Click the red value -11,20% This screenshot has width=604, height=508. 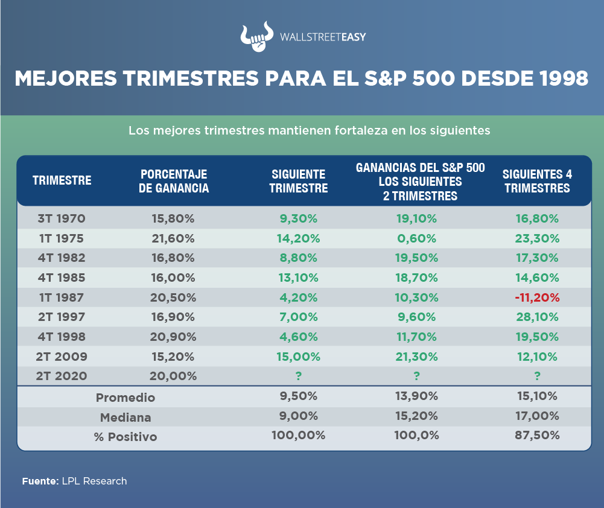pyautogui.click(x=537, y=297)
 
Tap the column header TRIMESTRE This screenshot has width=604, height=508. pyautogui.click(x=62, y=180)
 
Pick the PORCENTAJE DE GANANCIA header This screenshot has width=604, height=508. pyautogui.click(x=174, y=181)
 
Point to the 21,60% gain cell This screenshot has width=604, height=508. pyautogui.click(x=173, y=238)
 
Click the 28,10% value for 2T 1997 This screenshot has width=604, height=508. pyautogui.click(x=537, y=317)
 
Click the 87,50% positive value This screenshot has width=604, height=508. pyautogui.click(x=537, y=435)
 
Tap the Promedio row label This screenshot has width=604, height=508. pyautogui.click(x=126, y=398)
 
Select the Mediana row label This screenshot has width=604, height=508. pyautogui.click(x=126, y=417)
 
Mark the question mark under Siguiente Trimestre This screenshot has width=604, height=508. pyautogui.click(x=298, y=376)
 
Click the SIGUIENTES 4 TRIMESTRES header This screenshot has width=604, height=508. pyautogui.click(x=537, y=181)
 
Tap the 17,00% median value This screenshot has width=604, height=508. pyautogui.click(x=537, y=416)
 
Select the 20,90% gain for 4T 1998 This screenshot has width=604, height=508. pyautogui.click(x=173, y=337)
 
